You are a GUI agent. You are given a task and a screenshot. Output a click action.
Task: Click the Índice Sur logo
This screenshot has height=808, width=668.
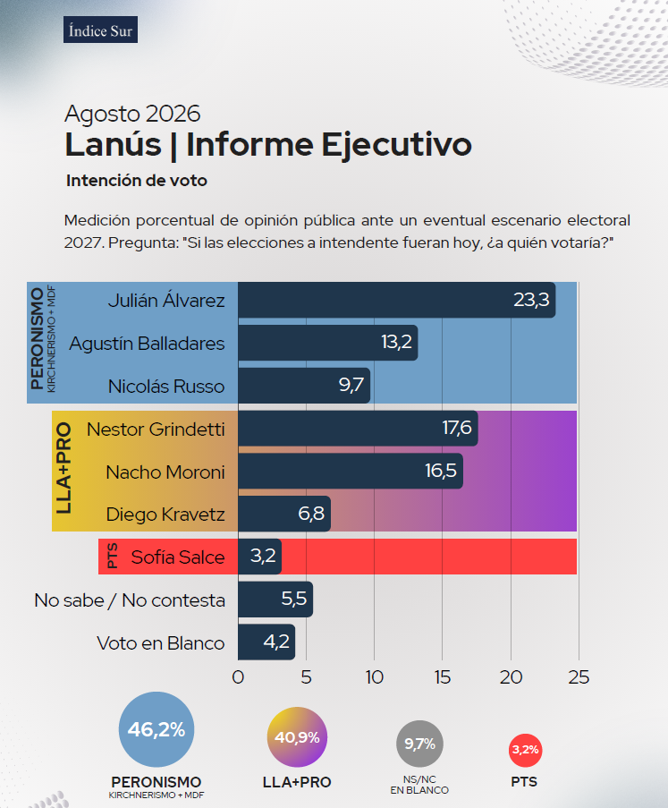tap(100, 30)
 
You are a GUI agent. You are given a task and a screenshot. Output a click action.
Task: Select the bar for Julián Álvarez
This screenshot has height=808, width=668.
tap(396, 300)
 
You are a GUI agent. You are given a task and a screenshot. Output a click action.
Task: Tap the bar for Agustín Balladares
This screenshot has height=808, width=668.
tap(327, 343)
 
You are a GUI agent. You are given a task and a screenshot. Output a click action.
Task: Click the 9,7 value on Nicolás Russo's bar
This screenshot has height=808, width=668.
tap(351, 385)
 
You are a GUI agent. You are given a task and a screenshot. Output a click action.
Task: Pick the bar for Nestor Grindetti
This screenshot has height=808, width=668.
tap(358, 429)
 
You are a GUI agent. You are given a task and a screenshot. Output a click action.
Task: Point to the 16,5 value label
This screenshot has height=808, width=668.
tap(441, 471)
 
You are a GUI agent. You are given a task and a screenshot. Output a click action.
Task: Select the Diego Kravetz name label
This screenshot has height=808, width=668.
tap(165, 515)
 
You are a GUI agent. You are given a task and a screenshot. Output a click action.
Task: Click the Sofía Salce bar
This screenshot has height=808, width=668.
tap(259, 557)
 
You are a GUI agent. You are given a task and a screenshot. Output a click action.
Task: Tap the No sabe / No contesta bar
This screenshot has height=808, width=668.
tap(275, 600)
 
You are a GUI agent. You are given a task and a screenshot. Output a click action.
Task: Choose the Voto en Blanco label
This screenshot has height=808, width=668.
tap(161, 643)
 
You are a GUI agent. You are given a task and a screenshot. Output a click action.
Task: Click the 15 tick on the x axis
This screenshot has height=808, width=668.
tap(443, 677)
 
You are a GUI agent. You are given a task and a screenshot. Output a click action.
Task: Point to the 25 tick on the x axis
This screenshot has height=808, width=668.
tap(579, 677)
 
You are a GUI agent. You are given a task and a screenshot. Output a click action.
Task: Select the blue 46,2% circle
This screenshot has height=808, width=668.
tap(156, 729)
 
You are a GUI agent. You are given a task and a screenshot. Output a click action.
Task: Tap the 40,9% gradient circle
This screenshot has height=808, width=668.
tap(297, 737)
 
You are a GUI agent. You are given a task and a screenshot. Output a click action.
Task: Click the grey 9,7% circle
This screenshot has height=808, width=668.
tap(419, 744)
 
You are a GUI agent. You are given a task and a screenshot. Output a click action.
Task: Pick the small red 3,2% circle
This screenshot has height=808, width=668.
tap(525, 750)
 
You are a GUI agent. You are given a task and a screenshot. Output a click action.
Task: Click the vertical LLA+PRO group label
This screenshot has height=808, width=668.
tap(63, 468)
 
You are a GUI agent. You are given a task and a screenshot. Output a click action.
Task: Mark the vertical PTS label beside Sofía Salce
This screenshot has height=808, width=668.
tap(112, 556)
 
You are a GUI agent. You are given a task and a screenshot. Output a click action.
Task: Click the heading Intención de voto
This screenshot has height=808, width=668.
tap(137, 181)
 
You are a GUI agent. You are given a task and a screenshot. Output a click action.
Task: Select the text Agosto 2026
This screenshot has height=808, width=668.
tap(132, 114)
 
